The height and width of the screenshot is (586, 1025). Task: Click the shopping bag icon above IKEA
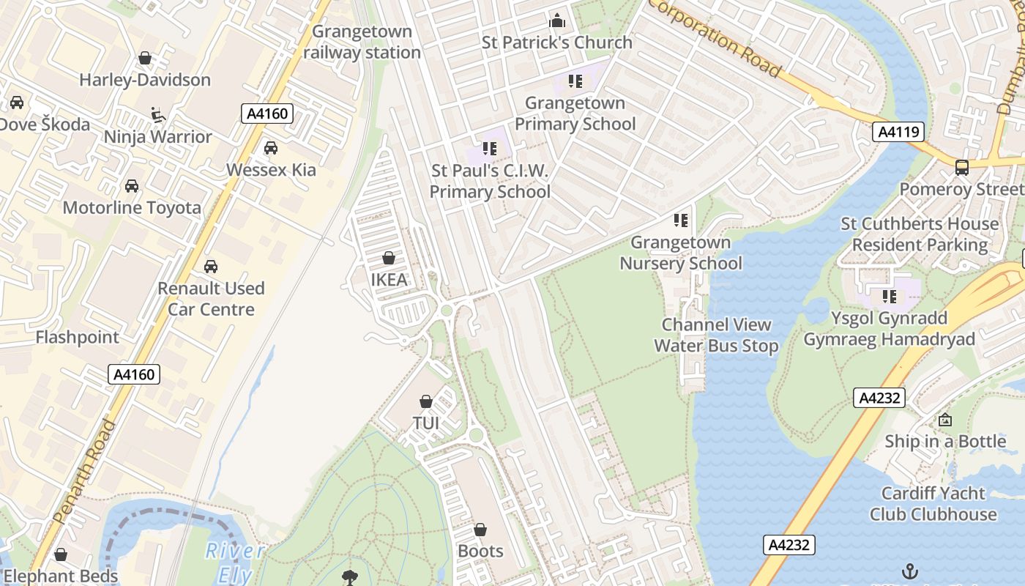tap(389, 259)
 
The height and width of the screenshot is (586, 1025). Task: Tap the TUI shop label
tap(426, 423)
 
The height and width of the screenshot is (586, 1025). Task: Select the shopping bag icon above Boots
tap(480, 530)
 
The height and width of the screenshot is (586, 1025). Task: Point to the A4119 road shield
tap(898, 132)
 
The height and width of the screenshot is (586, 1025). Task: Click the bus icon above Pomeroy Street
tap(962, 167)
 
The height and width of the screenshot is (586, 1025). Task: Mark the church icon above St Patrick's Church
tap(557, 20)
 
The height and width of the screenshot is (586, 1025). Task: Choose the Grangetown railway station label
tap(362, 42)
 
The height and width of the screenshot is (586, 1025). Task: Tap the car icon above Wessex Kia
tap(271, 148)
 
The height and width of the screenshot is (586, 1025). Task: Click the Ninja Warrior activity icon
tap(157, 115)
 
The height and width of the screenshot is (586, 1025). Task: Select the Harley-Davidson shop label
tap(145, 80)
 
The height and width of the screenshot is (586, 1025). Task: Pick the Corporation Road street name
tap(715, 37)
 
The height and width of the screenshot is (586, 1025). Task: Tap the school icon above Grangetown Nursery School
tap(681, 220)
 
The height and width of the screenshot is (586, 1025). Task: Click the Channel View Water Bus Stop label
tap(716, 335)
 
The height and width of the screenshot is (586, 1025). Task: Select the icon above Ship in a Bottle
tap(945, 420)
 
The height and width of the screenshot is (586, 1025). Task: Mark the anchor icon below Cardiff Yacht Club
tap(909, 571)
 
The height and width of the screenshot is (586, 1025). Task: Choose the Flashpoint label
tap(77, 338)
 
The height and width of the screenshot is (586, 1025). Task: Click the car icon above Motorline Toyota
tap(132, 186)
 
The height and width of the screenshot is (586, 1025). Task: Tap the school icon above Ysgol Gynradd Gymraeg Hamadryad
tap(890, 297)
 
